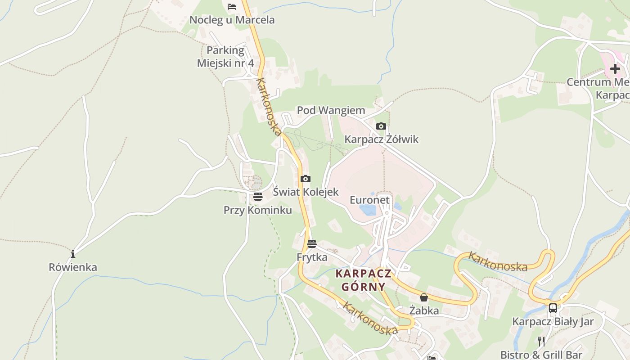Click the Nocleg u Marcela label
(232, 20)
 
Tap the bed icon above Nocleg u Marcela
(232, 6)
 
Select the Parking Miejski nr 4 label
(225, 57)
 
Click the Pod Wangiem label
(331, 110)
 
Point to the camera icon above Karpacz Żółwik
(381, 126)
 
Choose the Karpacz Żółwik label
(381, 139)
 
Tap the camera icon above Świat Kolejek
(306, 179)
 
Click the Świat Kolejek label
(306, 192)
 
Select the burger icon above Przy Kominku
(257, 197)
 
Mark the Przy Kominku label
(257, 210)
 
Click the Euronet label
(369, 200)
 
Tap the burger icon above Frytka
(312, 244)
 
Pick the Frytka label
(312, 257)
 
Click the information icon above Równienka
(73, 253)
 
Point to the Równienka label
(73, 267)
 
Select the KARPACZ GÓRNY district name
(364, 280)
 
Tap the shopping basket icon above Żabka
(423, 297)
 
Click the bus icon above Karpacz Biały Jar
(553, 308)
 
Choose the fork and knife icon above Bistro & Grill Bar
(541, 342)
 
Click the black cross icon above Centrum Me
(615, 69)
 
